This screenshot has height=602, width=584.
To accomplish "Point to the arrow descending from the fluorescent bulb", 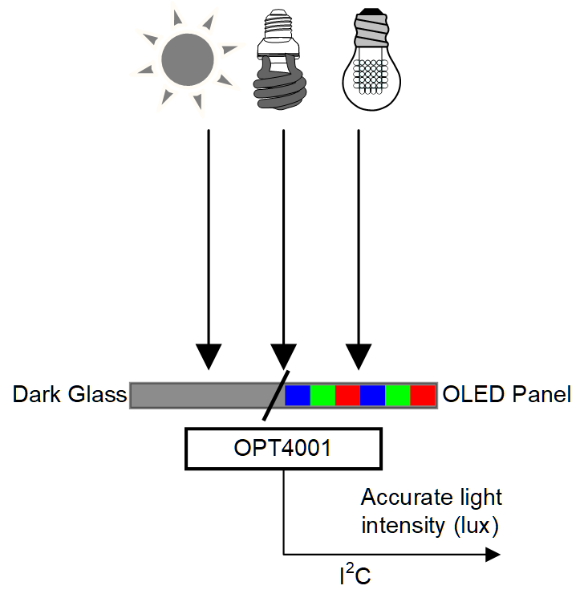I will [x=283, y=241].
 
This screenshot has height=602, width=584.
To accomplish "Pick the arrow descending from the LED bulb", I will [x=359, y=241].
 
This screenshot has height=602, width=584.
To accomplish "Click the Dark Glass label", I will [x=70, y=395].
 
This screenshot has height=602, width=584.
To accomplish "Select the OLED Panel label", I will [x=506, y=395].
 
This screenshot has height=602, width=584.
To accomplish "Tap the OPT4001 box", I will [x=283, y=449].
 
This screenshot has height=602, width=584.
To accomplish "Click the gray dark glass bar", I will [x=201, y=395].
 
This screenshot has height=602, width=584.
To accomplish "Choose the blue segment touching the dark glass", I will [x=298, y=395].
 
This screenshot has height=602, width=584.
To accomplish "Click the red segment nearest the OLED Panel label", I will [x=423, y=395].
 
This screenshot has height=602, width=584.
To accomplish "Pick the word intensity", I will [x=400, y=527].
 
